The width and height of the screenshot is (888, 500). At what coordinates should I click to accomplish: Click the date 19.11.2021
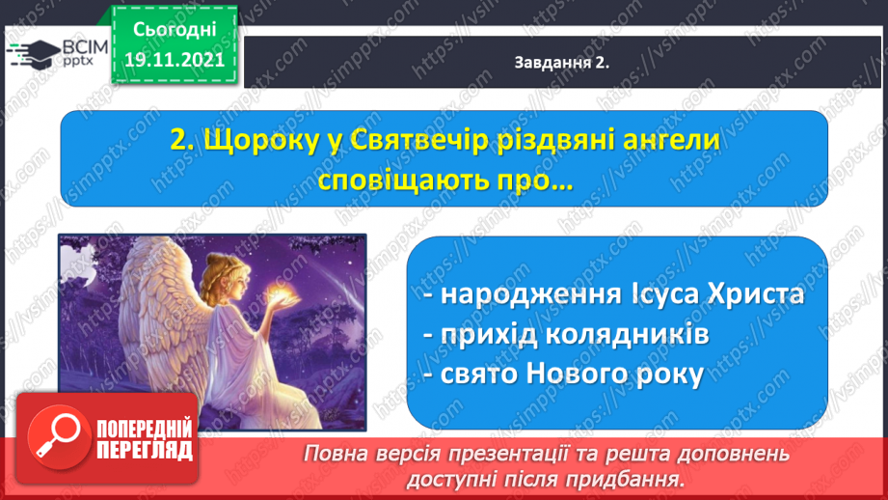(175, 60)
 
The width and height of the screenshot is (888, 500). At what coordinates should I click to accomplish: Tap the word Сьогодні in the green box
(175, 30)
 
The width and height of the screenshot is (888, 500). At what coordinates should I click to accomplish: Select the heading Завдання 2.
(561, 63)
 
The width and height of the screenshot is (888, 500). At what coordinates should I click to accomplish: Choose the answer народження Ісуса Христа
(614, 294)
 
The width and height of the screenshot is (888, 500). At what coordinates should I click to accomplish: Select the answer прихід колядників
(566, 335)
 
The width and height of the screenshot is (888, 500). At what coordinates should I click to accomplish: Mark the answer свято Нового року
(563, 375)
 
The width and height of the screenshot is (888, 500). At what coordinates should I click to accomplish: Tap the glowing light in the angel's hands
(280, 294)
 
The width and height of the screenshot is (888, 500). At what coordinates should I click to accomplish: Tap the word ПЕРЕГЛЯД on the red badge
(145, 451)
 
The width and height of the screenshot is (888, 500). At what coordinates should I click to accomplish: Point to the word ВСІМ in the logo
(86, 46)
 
